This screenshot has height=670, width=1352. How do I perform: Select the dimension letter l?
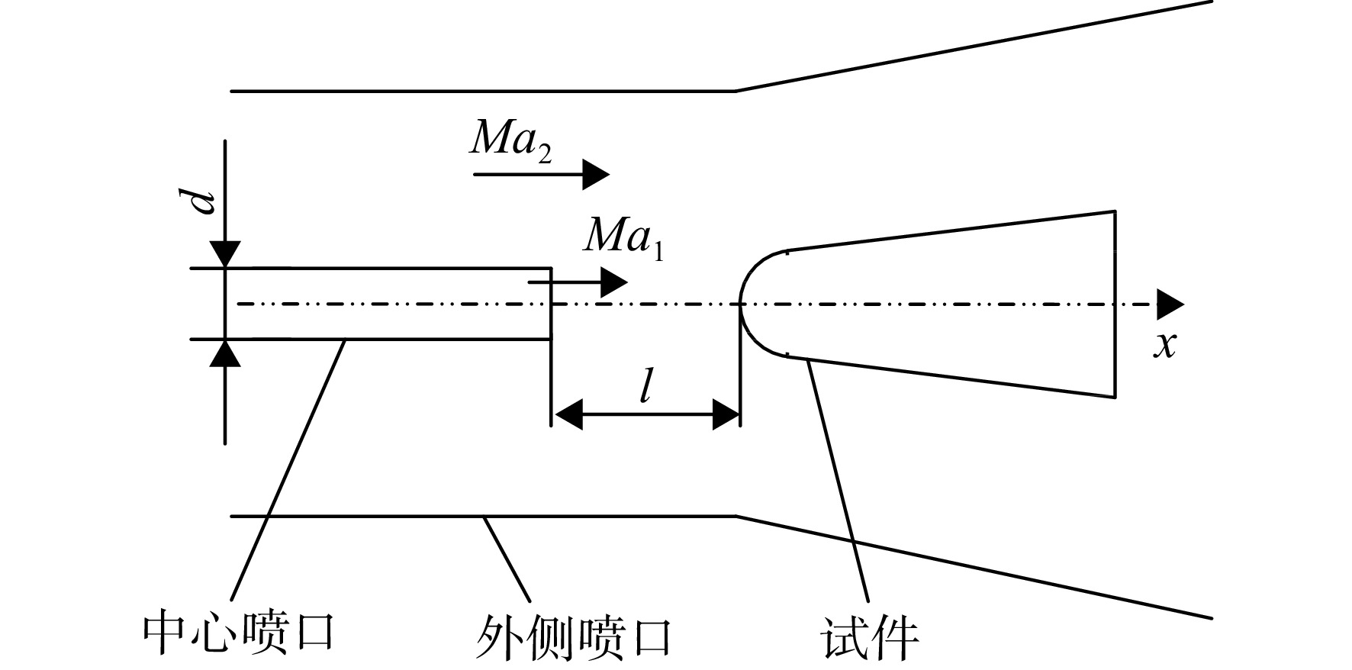click(645, 389)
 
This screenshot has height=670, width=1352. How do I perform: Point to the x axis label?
click(1164, 346)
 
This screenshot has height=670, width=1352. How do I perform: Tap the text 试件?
click(869, 635)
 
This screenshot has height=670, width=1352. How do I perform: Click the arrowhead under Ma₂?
click(596, 175)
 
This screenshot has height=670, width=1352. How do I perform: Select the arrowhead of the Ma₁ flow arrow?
click(614, 282)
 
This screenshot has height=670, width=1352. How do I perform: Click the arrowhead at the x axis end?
click(1170, 304)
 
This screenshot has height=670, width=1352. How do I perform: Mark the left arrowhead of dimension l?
click(567, 415)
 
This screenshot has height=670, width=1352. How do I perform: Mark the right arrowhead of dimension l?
click(726, 415)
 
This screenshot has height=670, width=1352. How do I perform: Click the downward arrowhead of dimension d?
click(225, 253)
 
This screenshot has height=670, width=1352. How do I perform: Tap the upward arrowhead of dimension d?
click(225, 353)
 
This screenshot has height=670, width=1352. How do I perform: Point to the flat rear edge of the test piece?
click(1115, 304)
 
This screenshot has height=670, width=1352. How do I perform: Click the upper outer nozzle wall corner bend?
click(736, 91)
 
